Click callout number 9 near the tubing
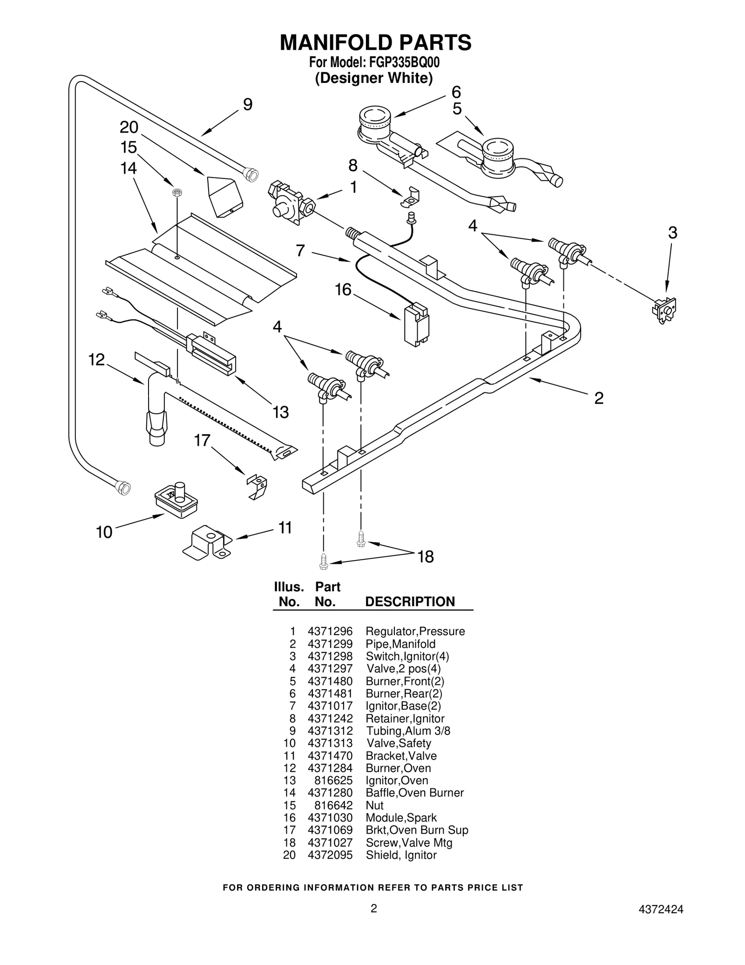[x=248, y=105]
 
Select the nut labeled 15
[x=177, y=192]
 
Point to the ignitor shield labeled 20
[x=225, y=197]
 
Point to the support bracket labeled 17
[x=257, y=486]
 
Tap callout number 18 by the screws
[x=426, y=556]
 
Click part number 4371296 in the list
[x=330, y=631]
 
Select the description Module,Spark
[x=401, y=818]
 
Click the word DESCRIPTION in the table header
[x=410, y=602]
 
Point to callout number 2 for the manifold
[x=599, y=398]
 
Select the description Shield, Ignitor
[x=401, y=855]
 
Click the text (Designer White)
[x=374, y=78]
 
